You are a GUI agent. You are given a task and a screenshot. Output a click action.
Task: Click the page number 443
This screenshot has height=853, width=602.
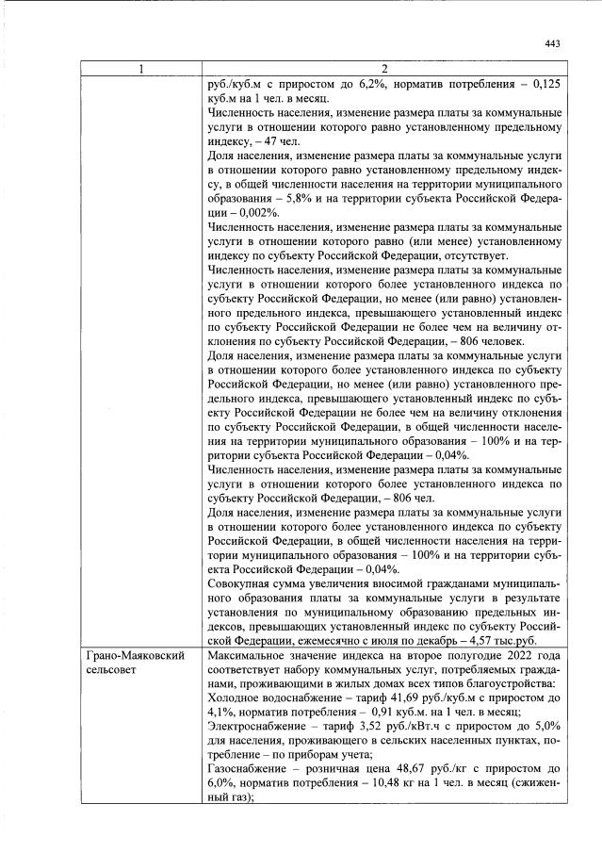pos(552,43)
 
